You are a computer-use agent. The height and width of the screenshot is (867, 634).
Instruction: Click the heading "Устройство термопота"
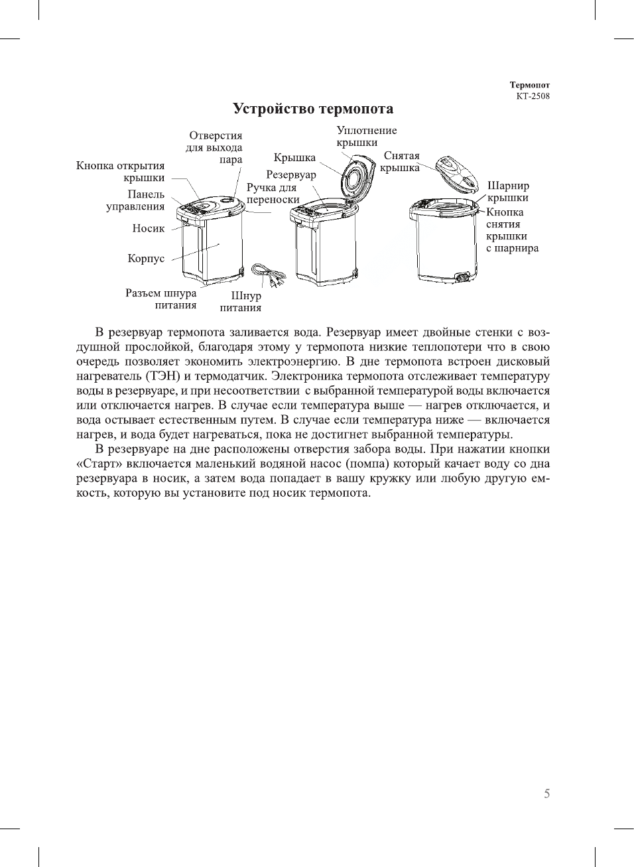pyautogui.click(x=312, y=109)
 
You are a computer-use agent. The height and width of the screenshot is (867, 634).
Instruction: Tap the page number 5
pyautogui.click(x=546, y=793)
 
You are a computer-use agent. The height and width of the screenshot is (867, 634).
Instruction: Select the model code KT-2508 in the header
pyautogui.click(x=533, y=96)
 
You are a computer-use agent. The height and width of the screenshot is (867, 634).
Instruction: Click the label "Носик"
pyautogui.click(x=148, y=228)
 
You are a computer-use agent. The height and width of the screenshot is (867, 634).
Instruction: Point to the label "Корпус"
pyautogui.click(x=146, y=258)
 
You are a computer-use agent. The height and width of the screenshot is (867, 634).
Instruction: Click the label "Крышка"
pyautogui.click(x=294, y=158)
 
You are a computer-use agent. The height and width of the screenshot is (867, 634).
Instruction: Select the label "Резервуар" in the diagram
pyautogui.click(x=291, y=174)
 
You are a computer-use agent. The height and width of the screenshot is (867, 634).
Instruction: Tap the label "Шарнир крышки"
pyautogui.click(x=508, y=192)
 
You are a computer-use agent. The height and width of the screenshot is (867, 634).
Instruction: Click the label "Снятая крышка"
pyautogui.click(x=401, y=161)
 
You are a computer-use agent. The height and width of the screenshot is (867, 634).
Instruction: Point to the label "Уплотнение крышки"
pyautogui.click(x=366, y=137)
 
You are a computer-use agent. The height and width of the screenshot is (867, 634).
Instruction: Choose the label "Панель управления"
pyautogui.click(x=136, y=200)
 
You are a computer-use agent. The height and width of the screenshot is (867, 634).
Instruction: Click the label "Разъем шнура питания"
pyautogui.click(x=161, y=299)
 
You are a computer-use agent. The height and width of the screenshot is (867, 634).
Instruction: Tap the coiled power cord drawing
pyautogui.click(x=268, y=273)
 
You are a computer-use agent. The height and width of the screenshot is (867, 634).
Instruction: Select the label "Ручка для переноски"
pyautogui.click(x=273, y=194)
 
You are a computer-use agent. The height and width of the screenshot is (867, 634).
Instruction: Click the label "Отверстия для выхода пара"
pyautogui.click(x=214, y=147)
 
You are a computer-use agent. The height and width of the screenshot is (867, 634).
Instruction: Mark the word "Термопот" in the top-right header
pyautogui.click(x=529, y=85)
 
